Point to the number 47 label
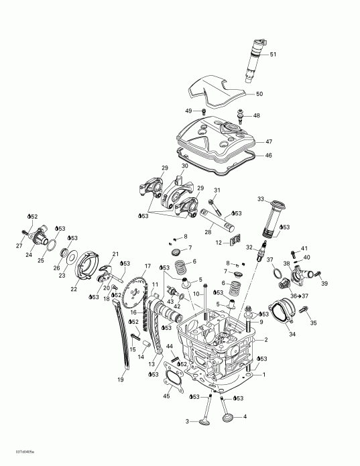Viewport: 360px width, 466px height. click(269, 141)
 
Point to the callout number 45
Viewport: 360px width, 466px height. click(167, 396)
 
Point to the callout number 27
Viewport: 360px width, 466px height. click(19, 246)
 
